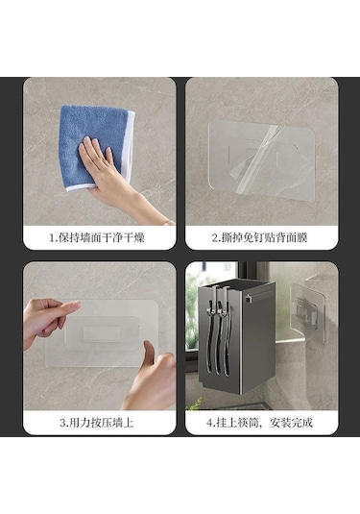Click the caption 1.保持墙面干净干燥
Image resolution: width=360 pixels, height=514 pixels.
[97, 237]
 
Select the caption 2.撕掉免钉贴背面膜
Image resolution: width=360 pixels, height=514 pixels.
[259, 237]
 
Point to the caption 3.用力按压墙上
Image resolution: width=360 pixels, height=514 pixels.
[97, 423]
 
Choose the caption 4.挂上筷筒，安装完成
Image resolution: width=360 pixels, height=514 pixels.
[259, 423]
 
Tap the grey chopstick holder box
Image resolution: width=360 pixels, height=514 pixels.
[236, 336]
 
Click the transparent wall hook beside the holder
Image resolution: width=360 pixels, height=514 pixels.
[308, 313]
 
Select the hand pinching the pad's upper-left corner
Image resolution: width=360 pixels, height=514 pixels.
[49, 321]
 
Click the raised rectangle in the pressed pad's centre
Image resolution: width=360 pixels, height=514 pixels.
[101, 333]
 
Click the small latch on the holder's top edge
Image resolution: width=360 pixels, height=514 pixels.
[249, 299]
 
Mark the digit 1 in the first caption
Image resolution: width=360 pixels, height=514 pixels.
[52, 238]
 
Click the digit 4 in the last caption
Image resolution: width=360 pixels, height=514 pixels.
[209, 423]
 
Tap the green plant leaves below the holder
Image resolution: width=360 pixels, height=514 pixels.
[194, 404]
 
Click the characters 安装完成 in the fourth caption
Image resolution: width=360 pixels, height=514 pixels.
[291, 423]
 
